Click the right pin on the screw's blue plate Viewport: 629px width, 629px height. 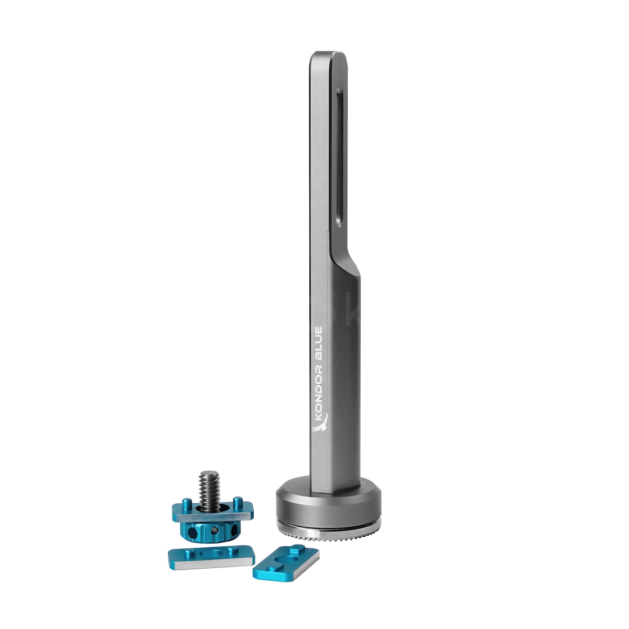[238, 502]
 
